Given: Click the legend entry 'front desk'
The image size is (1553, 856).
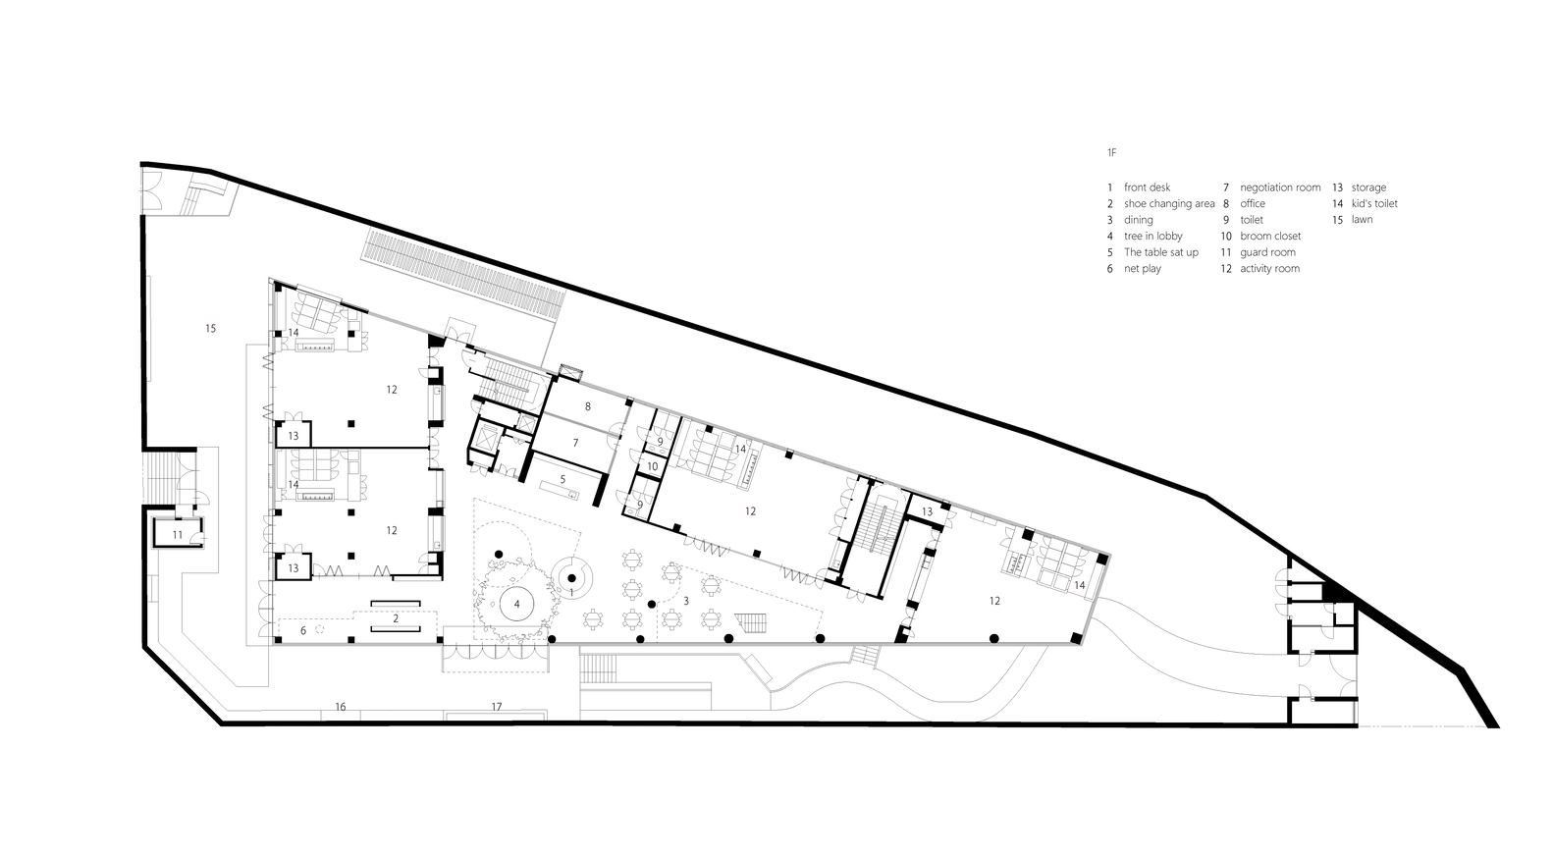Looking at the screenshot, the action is click(1147, 187).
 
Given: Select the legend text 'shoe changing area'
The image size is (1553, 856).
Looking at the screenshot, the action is click(1169, 204).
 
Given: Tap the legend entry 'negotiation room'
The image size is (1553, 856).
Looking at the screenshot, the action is click(1280, 187).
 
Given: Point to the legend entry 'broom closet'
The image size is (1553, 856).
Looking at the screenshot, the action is click(1270, 236).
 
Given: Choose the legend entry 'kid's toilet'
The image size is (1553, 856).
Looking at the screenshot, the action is click(1374, 204).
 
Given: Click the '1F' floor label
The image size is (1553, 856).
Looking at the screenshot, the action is click(1112, 152).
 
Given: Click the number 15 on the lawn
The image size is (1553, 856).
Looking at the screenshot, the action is click(211, 329).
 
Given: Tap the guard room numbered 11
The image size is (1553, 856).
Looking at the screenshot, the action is click(178, 534).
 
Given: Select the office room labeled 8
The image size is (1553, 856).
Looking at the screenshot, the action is click(588, 406).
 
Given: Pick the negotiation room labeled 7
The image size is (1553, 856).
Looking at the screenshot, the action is click(575, 442).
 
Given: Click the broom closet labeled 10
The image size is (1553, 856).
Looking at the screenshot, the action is click(653, 466).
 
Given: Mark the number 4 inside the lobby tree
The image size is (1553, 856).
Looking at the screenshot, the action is click(517, 605).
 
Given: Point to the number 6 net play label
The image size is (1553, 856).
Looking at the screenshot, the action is click(303, 630).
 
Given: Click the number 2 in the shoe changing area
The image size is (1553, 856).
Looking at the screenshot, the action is click(396, 618).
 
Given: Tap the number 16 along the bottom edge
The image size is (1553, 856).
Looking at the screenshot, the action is click(341, 707).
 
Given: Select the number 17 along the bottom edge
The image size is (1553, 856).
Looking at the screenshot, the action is click(497, 707).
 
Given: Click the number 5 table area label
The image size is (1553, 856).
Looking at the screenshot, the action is click(562, 479).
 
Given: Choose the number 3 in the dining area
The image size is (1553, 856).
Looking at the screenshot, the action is click(686, 601).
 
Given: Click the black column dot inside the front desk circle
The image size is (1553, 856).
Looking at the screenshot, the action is click(572, 578).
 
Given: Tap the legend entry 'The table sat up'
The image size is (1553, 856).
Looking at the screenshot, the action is click(1161, 252).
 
